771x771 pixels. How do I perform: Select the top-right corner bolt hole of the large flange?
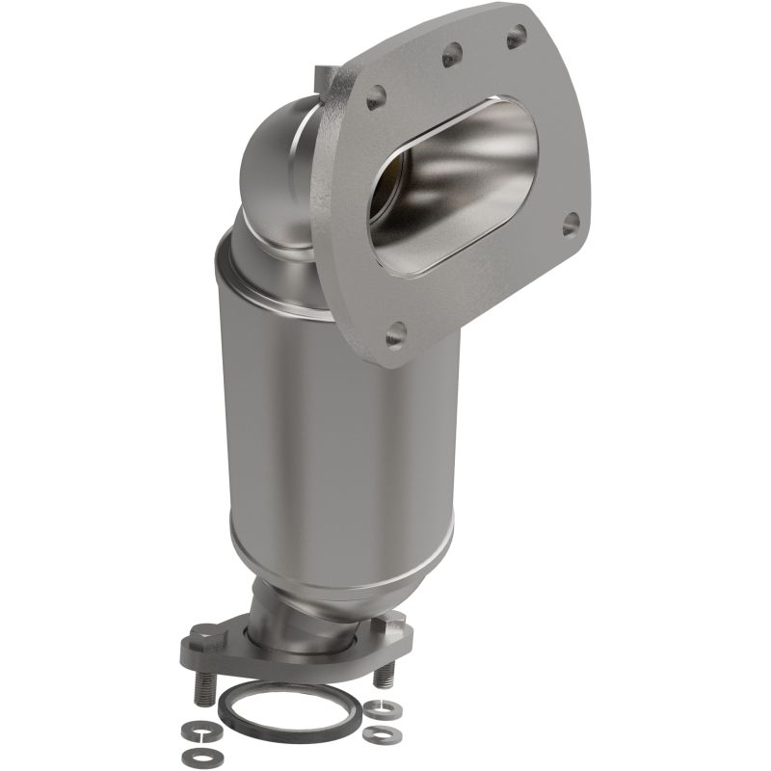point(517,37)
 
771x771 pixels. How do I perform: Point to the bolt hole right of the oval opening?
point(571,222)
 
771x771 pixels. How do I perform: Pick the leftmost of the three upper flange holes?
point(376,95)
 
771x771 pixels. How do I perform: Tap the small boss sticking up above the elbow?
point(324,75)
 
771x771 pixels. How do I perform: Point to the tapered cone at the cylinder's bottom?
point(318,578)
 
